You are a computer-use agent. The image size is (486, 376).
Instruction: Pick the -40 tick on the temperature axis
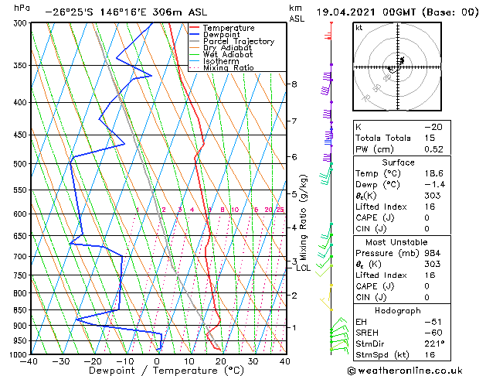tap(30, 361)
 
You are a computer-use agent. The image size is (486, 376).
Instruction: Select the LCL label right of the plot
tap(303, 268)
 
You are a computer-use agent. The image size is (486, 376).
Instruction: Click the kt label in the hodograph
tap(359, 27)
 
